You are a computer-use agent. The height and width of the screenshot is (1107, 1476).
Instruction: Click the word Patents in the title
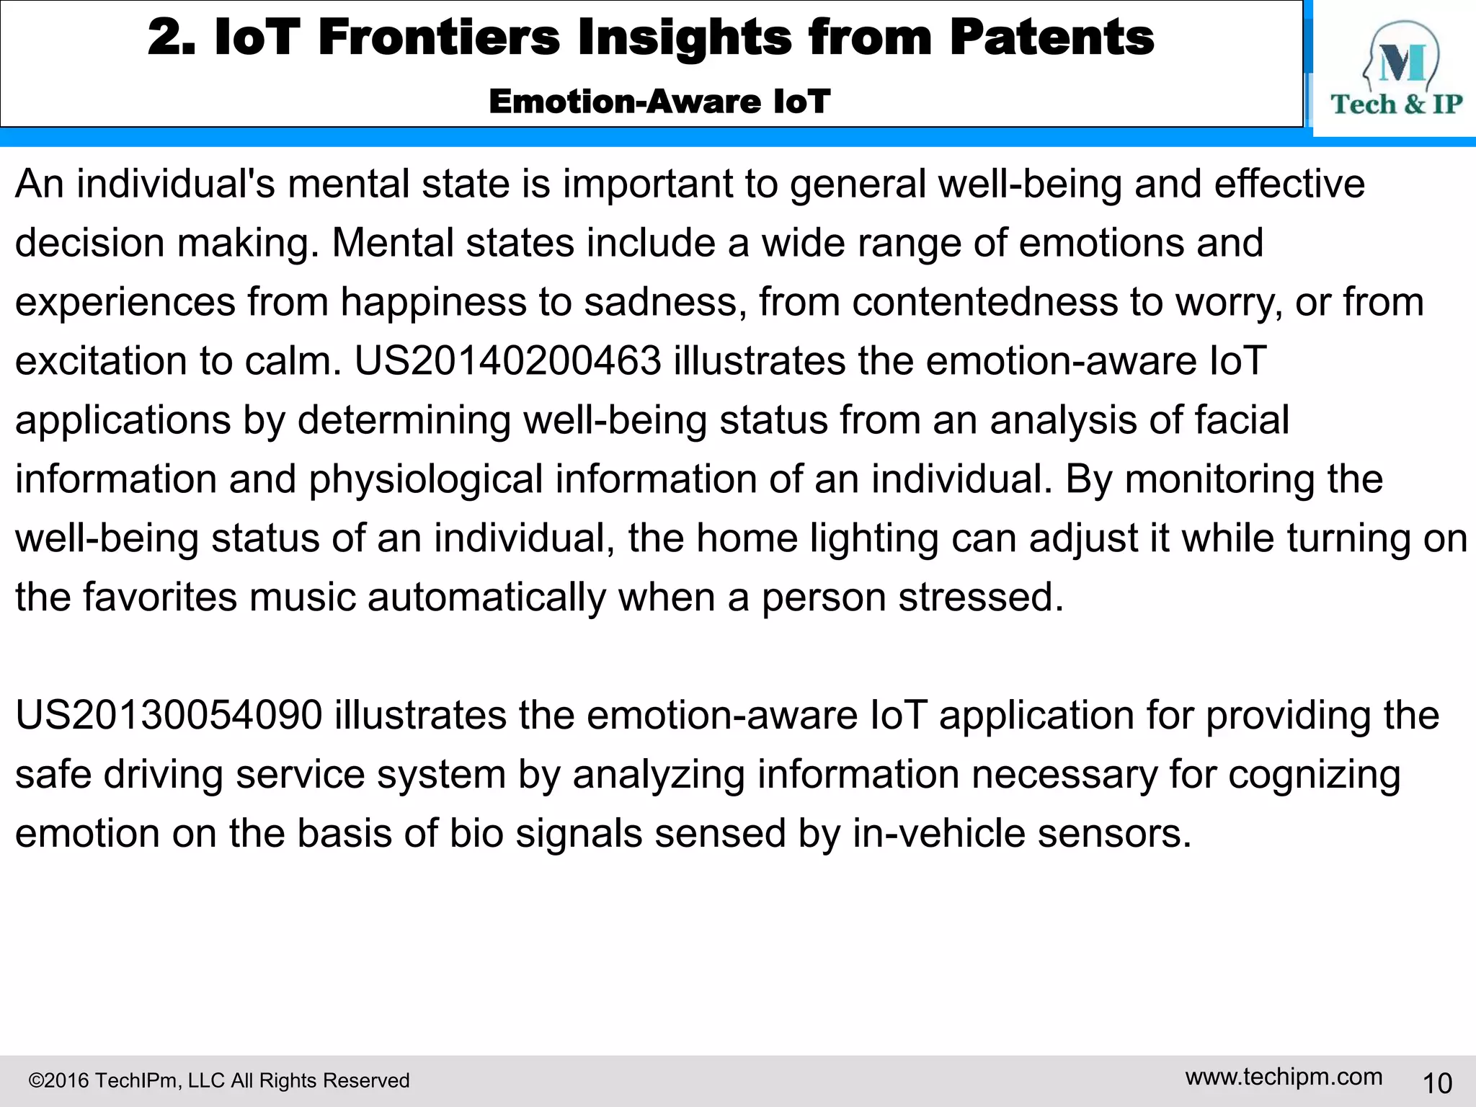(1052, 37)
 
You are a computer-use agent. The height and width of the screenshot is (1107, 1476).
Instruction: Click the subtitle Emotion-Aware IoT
(659, 102)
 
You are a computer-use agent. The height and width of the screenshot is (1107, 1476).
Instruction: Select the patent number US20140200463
(507, 361)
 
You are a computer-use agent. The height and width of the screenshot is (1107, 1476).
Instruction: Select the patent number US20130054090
(169, 716)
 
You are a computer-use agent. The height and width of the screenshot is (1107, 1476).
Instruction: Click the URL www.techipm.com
(1284, 1077)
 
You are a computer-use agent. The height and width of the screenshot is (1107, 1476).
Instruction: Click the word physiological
(426, 479)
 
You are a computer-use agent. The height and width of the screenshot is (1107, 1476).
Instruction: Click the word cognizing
(1314, 775)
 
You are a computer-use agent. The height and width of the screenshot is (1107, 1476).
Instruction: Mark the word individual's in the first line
(176, 184)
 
